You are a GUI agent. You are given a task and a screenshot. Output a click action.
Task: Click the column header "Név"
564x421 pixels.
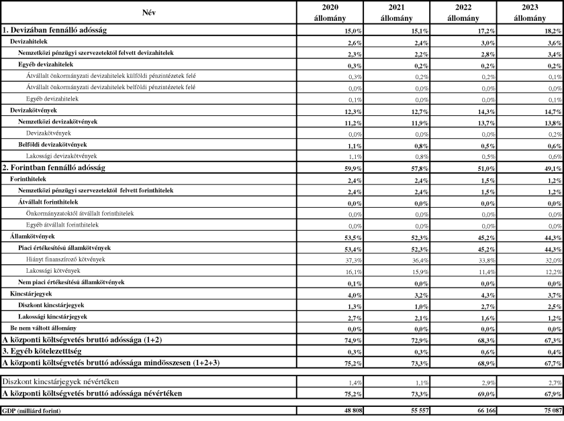pyautogui.click(x=148, y=13)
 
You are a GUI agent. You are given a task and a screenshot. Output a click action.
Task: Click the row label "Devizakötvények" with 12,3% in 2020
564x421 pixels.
pyautogui.click(x=33, y=109)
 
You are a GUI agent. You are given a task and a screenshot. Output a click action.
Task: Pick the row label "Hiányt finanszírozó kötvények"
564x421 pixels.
pyautogui.click(x=66, y=259)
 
